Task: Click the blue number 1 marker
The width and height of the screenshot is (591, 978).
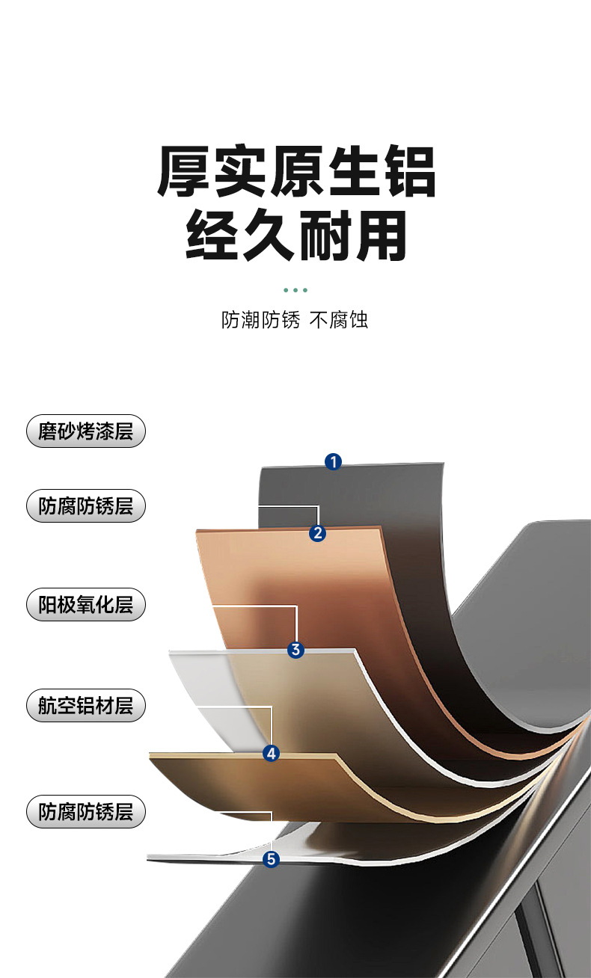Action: pyautogui.click(x=333, y=461)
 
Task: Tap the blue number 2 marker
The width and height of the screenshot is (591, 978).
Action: pyautogui.click(x=318, y=533)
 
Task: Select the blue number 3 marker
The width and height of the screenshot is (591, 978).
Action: pyautogui.click(x=296, y=650)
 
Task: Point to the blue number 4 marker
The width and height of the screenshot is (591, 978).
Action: pyautogui.click(x=272, y=754)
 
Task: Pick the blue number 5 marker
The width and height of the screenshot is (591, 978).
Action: pyautogui.click(x=272, y=860)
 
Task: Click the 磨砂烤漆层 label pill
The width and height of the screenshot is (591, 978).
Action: pyautogui.click(x=85, y=431)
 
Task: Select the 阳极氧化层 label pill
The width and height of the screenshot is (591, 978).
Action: pyautogui.click(x=85, y=604)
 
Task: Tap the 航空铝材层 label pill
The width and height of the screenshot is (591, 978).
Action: pyautogui.click(x=85, y=705)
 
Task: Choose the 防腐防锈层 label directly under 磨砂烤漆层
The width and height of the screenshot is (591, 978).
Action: pyautogui.click(x=85, y=506)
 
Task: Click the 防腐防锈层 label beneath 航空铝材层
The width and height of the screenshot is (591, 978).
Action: pyautogui.click(x=85, y=811)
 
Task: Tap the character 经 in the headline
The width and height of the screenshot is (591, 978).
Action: pyautogui.click(x=212, y=236)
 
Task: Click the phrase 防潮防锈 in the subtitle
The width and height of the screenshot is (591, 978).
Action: pyautogui.click(x=260, y=321)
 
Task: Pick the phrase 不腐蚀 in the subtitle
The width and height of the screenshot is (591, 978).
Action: pyautogui.click(x=339, y=321)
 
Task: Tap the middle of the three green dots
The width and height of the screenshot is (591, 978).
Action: pyautogui.click(x=295, y=289)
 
